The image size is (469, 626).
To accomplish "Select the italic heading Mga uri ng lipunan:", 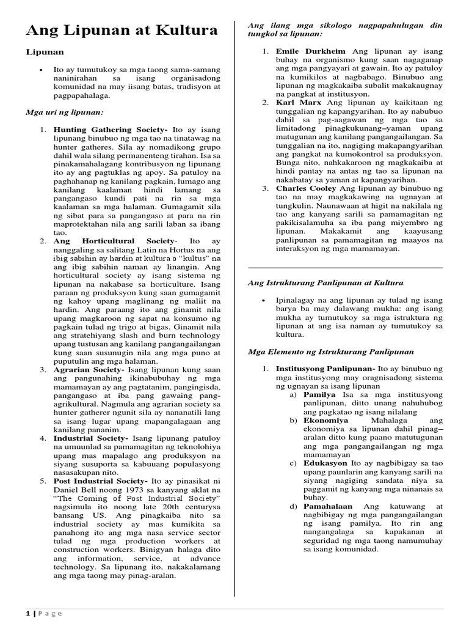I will [x=64, y=113].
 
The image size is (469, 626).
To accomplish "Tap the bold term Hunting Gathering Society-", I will [x=111, y=130].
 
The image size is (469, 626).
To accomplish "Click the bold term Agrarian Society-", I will [x=89, y=370].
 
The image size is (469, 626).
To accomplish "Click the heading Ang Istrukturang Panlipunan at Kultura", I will [x=325, y=282].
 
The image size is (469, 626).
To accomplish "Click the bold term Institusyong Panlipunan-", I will [x=325, y=369].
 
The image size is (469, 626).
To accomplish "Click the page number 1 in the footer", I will [x=28, y=613].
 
